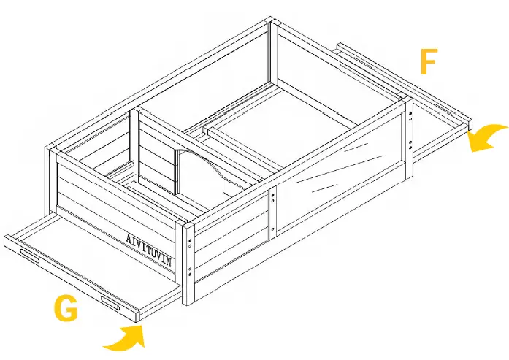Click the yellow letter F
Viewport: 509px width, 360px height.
coord(429,63)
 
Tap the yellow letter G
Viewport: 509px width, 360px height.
coord(66,310)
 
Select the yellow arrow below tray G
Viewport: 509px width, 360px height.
coord(124,337)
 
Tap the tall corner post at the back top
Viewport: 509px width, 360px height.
coord(272,51)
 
